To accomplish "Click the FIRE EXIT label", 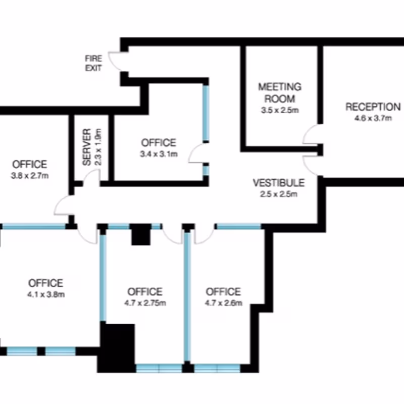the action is (93, 63).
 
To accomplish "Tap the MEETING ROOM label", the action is (280, 93).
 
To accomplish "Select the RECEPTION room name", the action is (373, 107).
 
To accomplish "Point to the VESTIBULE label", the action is (279, 183).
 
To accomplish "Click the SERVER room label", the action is (87, 147).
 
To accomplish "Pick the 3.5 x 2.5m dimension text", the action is (280, 110).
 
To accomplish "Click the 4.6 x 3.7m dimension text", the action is (373, 118).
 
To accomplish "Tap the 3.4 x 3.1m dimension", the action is (159, 154).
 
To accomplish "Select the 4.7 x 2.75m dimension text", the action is (145, 303).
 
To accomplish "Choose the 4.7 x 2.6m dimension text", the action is (224, 303).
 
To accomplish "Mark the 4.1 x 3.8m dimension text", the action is (46, 294).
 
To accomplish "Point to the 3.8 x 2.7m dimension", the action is (30, 176).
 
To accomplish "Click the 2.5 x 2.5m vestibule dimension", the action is (279, 194).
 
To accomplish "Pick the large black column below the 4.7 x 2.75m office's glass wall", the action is (117, 348).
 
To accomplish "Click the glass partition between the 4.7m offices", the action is (187, 296).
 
